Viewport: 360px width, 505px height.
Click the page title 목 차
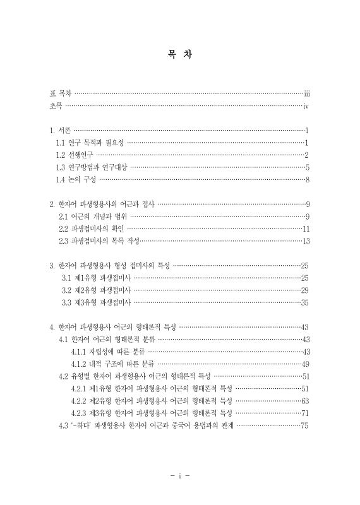pos(180,55)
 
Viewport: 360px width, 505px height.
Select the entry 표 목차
pos(61,93)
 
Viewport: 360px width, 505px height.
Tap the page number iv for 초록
pos(306,106)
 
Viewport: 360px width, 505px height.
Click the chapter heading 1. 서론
pos(61,131)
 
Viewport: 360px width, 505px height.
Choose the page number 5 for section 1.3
pos(307,167)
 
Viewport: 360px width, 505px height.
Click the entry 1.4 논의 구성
pos(76,180)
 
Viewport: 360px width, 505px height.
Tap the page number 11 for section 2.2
pos(306,229)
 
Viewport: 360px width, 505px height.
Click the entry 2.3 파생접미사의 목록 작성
pos(99,241)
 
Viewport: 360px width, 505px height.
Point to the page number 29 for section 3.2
pos(304,290)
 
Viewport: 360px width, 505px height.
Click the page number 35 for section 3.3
pos(304,302)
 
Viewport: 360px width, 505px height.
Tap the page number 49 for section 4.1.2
pos(304,364)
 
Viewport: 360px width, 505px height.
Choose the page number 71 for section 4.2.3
pos(304,413)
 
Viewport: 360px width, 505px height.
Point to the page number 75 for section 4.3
pos(304,425)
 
